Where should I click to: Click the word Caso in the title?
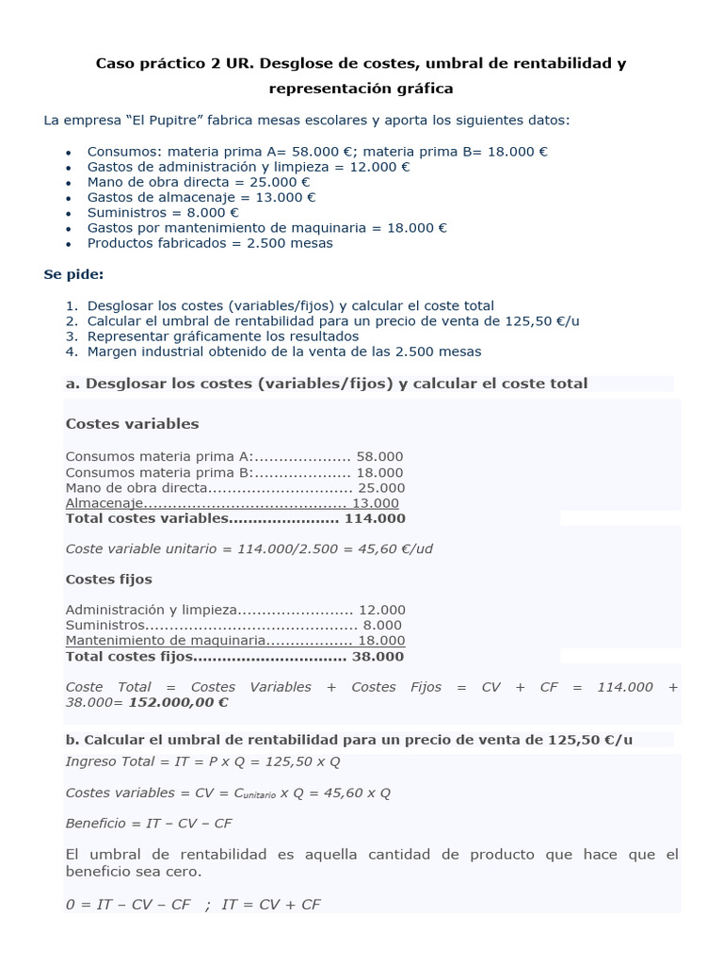tap(117, 64)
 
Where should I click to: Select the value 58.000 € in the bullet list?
tap(320, 151)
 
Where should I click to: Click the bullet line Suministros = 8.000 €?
tap(163, 212)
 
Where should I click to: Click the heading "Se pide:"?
tap(73, 274)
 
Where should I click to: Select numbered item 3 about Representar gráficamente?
tap(222, 335)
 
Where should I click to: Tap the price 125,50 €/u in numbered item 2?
tap(542, 320)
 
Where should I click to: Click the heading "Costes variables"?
tap(132, 423)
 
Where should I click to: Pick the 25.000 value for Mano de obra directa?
tap(381, 487)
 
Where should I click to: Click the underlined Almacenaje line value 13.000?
tap(375, 503)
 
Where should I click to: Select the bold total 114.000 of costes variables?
tap(375, 518)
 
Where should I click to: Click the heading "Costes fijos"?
tap(108, 579)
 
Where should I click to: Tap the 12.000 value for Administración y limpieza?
tap(381, 610)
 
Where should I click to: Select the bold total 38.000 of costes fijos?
tap(377, 656)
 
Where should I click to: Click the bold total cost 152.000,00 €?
tap(178, 702)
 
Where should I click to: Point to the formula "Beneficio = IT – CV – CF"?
tap(148, 823)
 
